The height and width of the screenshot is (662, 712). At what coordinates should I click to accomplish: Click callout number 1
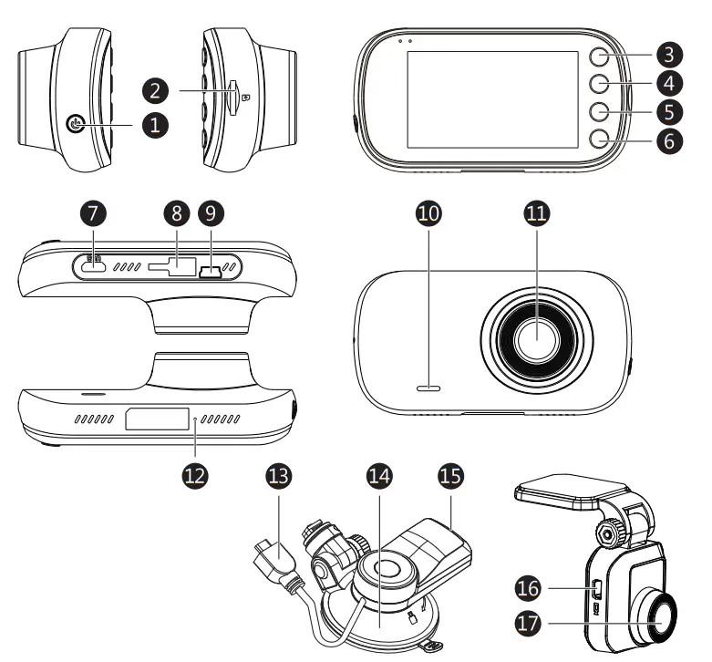153,125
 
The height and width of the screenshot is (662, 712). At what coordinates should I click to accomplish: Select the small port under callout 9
212,270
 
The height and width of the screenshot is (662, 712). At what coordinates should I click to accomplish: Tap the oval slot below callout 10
428,388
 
